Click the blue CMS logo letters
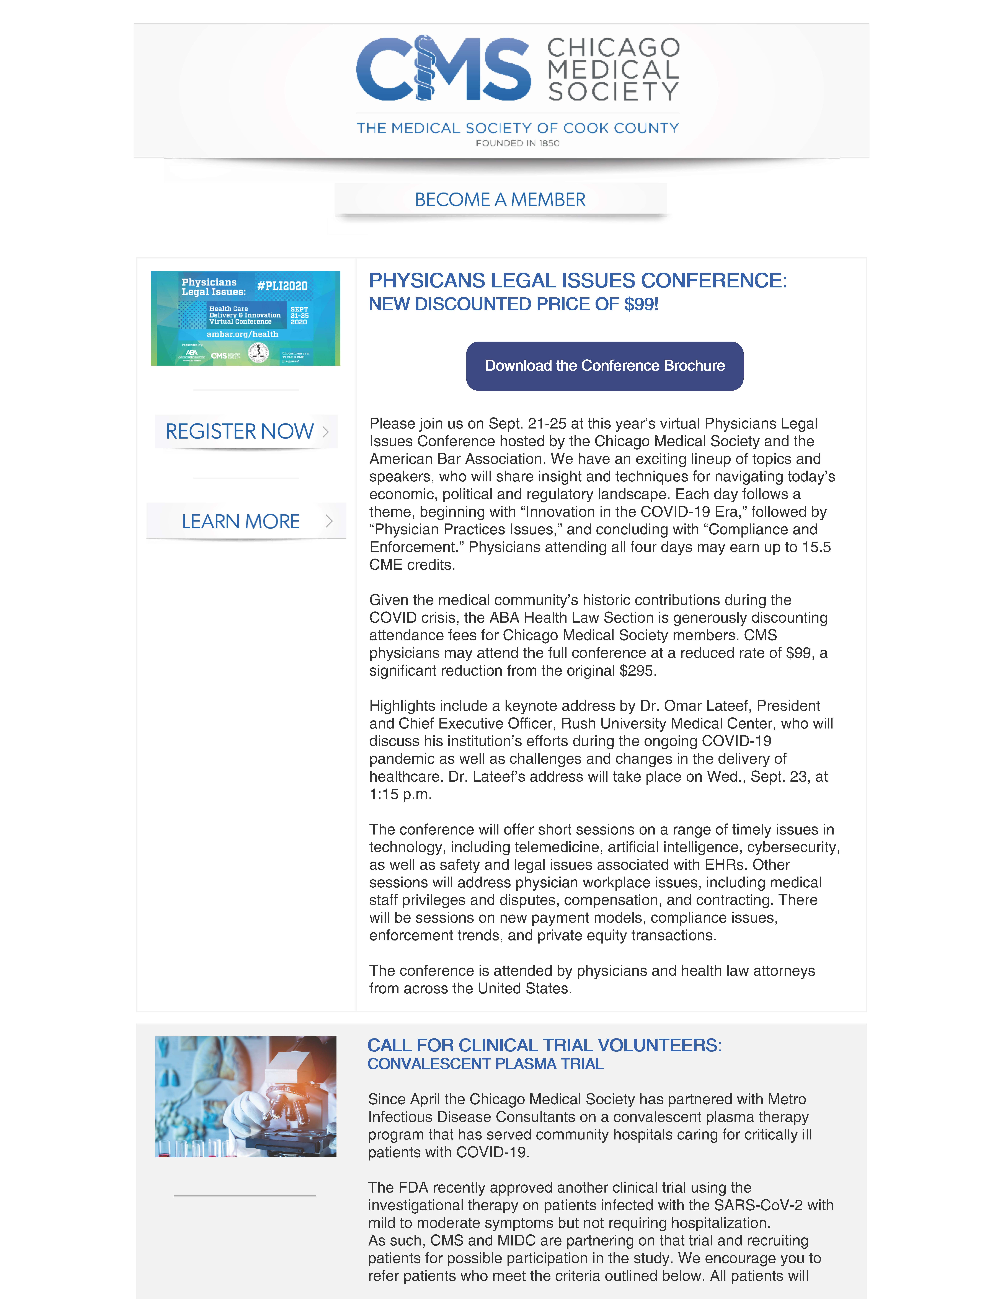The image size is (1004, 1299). pos(443,68)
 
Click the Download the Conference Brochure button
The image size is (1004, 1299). pos(604,366)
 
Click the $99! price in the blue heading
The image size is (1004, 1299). pos(641,305)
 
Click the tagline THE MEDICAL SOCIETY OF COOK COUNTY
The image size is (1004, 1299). pos(518,128)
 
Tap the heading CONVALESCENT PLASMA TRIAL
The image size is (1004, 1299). pos(485,1064)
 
